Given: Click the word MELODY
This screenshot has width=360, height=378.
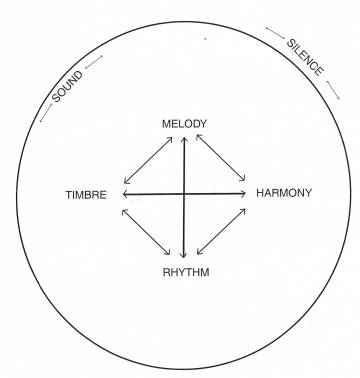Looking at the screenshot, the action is tap(184, 124).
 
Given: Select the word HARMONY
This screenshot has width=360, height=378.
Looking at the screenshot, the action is tap(284, 192).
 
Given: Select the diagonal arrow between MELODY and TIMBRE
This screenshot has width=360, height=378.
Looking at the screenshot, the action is tap(151, 160).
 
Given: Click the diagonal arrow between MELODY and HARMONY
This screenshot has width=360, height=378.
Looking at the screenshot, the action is tap(220, 159).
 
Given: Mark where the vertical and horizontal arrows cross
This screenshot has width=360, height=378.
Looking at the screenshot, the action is tap(184, 193).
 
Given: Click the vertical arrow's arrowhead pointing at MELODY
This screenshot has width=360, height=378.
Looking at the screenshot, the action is tap(184, 139).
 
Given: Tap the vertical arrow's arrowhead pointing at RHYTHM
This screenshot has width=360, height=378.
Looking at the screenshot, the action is tap(184, 257).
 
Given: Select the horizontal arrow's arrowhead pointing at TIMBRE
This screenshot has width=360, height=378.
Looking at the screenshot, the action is tap(127, 193).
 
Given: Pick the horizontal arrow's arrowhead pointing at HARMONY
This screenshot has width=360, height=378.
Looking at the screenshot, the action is tap(242, 193).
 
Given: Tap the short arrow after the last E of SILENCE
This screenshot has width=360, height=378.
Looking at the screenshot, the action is tap(333, 91).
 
